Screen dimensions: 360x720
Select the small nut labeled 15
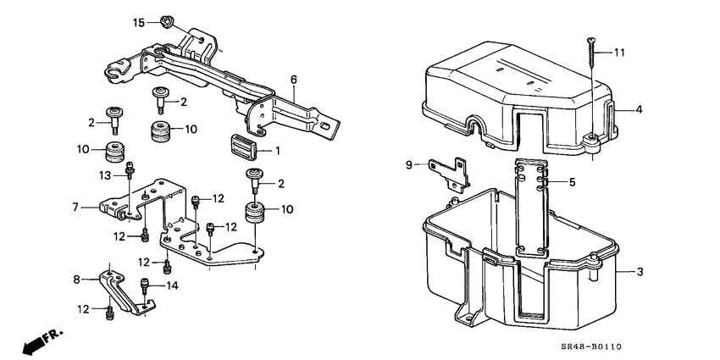[x=164, y=20]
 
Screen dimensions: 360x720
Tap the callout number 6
[x=293, y=80]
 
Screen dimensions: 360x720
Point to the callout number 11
[x=620, y=53]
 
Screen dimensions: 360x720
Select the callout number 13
[x=105, y=174]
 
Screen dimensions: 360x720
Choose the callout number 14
[x=174, y=287]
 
